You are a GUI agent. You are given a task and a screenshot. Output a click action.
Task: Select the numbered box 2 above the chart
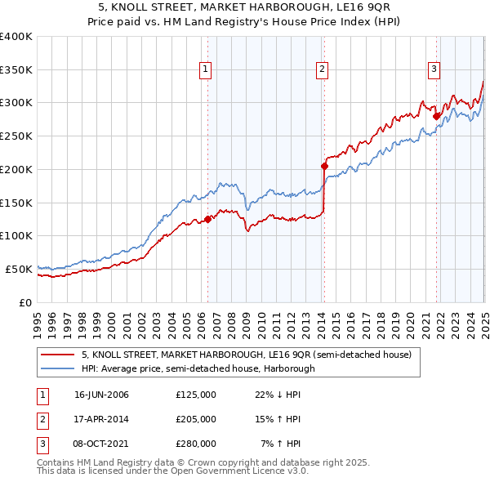[x=323, y=69]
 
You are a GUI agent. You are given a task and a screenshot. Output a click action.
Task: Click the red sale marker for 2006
[x=208, y=218]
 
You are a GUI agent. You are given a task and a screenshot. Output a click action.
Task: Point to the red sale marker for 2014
[x=324, y=166]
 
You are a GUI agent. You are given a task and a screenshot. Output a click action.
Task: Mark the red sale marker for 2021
[x=436, y=116]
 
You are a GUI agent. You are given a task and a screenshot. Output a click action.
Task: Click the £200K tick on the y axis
[x=16, y=169]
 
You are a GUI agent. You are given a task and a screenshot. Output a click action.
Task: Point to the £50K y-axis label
[x=18, y=269]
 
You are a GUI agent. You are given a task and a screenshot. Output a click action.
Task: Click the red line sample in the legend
[x=58, y=355]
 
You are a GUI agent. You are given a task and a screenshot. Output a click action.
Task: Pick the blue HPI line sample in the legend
[x=58, y=368]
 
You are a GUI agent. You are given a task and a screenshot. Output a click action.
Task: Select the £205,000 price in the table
[x=196, y=419]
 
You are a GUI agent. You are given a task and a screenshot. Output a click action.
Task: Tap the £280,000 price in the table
[x=196, y=444]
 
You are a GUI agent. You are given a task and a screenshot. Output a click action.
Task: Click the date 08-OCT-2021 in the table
[x=101, y=444]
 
